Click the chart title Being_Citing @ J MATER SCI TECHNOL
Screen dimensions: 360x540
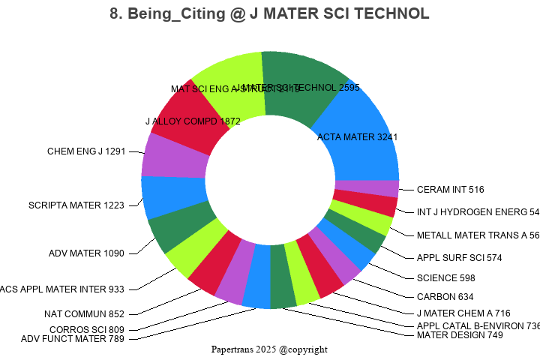[x=269, y=14]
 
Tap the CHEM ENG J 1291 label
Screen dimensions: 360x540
[x=85, y=151]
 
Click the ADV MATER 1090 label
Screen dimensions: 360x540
[x=86, y=253]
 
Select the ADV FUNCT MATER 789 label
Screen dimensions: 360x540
[x=73, y=339]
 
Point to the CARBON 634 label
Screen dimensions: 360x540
[x=445, y=296]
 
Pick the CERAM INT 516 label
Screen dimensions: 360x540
[x=450, y=189]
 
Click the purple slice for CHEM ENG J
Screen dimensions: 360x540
[x=174, y=156]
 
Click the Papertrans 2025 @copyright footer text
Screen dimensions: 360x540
[x=269, y=349]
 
